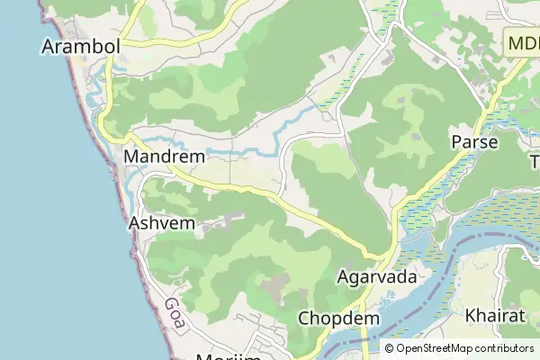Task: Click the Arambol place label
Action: tap(81, 46)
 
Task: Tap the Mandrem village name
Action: tap(164, 157)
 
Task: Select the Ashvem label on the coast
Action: tap(162, 222)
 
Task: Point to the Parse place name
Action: tap(474, 142)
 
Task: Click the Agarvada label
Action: tap(376, 277)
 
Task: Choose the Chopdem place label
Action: tap(338, 319)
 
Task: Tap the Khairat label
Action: tap(495, 316)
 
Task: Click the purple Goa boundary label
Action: tap(175, 315)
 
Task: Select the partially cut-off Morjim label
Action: tap(228, 356)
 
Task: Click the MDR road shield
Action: tap(522, 43)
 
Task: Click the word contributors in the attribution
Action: tap(504, 348)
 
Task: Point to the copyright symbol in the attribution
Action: tap(390, 348)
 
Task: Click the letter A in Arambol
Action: tap(49, 46)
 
